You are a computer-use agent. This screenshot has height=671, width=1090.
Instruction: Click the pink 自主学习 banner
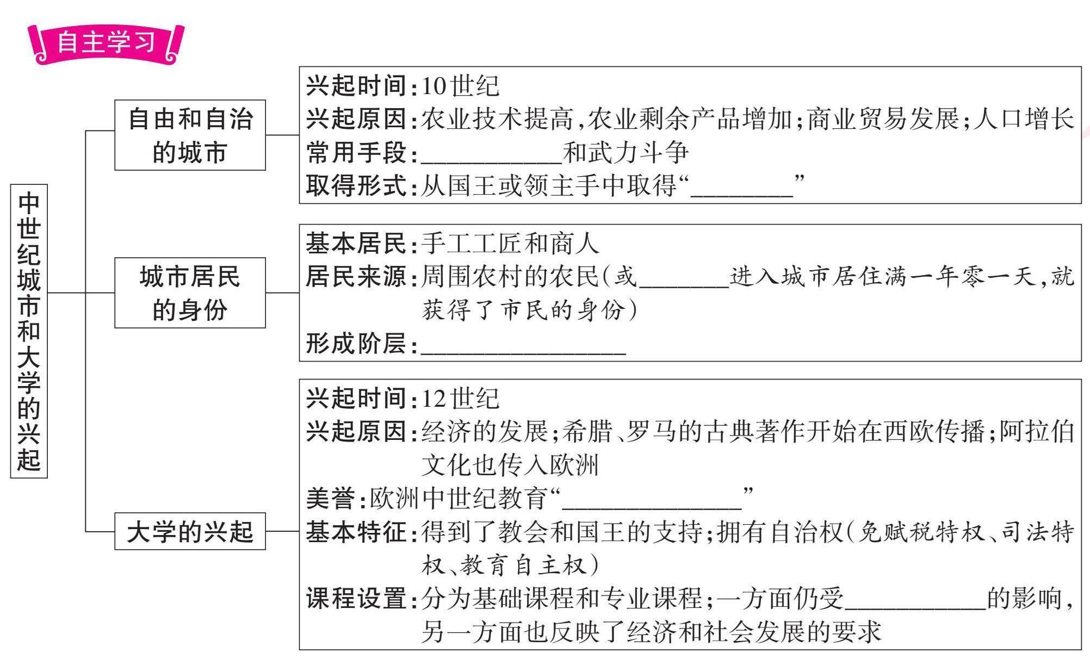pos(106,43)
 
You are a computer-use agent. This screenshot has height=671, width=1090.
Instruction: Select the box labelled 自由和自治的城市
pos(190,135)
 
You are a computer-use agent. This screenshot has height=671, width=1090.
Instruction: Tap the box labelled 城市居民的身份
pos(190,293)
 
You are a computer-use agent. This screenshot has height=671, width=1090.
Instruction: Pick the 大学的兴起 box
pos(190,531)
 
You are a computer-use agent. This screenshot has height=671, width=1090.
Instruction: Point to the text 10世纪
pos(460,86)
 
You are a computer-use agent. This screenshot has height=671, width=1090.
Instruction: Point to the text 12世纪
pos(460,399)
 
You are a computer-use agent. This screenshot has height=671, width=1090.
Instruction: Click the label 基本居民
pos(356,243)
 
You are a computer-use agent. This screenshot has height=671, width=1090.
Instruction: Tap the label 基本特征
pos(356,532)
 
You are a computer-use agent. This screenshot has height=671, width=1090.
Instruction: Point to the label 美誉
pos(331,498)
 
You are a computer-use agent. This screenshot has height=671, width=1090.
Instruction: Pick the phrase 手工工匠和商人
pos(510,243)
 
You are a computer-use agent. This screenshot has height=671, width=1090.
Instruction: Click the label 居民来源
pos(356,276)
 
